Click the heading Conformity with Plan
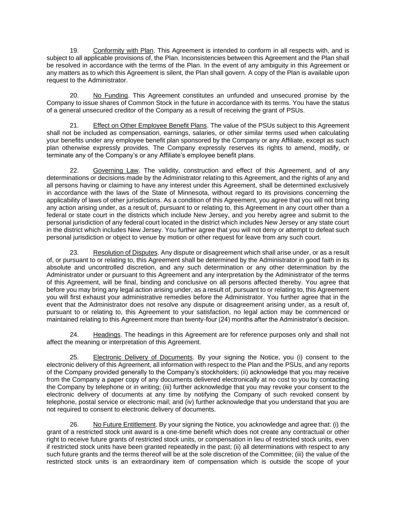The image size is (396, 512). [x=123, y=50]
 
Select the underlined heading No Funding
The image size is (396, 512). [x=110, y=95]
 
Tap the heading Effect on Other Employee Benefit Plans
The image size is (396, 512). [x=150, y=125]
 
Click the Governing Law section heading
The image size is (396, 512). [x=116, y=170]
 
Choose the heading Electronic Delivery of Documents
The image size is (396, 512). [x=143, y=357]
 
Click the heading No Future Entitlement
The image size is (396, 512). [x=124, y=424]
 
